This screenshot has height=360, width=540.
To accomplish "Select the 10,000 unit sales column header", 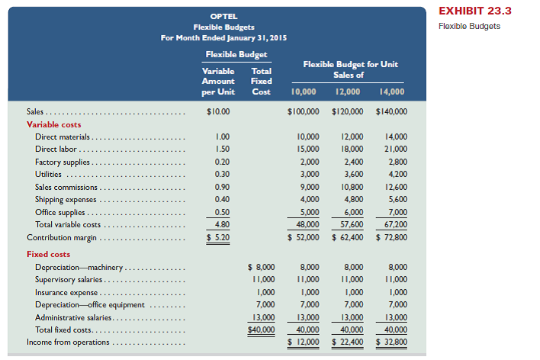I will click(304, 94).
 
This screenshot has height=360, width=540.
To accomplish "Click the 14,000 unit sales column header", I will click(391, 94).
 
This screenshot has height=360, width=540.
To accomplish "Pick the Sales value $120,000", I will click(348, 111).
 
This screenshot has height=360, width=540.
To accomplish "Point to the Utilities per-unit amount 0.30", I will click(221, 175).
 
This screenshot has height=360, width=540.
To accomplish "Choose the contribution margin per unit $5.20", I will click(218, 237).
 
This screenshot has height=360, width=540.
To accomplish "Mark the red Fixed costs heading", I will click(48, 255).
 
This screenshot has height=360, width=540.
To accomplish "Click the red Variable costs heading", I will click(53, 124).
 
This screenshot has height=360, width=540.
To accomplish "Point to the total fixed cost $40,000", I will click(262, 329).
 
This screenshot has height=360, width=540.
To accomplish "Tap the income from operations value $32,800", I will click(392, 342).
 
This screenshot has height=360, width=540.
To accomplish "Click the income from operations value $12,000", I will click(304, 342).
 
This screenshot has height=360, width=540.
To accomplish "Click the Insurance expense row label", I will click(66, 293).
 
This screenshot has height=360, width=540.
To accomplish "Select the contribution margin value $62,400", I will click(348, 237).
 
